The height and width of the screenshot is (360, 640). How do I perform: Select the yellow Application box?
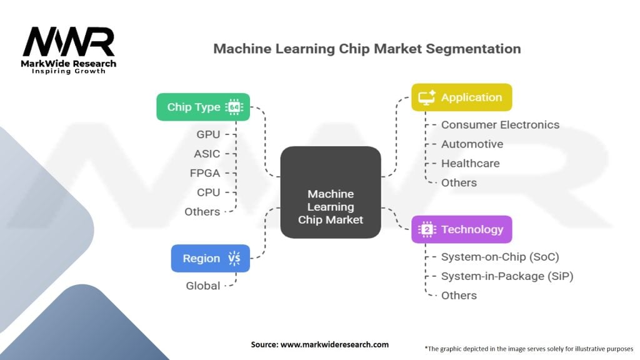point(461,97)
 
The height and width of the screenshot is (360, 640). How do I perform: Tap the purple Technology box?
point(461,229)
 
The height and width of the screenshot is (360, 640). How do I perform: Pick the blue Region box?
point(210,258)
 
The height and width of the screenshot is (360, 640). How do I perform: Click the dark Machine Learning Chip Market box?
point(331,192)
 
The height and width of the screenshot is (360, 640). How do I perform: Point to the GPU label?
point(208,134)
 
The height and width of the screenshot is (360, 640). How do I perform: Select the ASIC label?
point(207,154)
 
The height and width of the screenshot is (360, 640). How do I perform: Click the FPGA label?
point(205,173)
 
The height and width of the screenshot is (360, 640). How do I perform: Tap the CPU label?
point(208,192)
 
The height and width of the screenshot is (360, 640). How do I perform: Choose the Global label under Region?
point(203,286)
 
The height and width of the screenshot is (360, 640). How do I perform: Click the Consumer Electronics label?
point(500,125)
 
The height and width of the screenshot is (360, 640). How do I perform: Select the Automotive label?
point(472,144)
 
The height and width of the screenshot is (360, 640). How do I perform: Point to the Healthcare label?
point(470,164)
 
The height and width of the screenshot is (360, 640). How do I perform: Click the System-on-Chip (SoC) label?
point(500,257)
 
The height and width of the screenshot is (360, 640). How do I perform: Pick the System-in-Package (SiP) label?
point(507,276)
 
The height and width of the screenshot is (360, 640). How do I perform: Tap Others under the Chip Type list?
point(202,212)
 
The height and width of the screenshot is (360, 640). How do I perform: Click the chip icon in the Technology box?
point(427,229)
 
